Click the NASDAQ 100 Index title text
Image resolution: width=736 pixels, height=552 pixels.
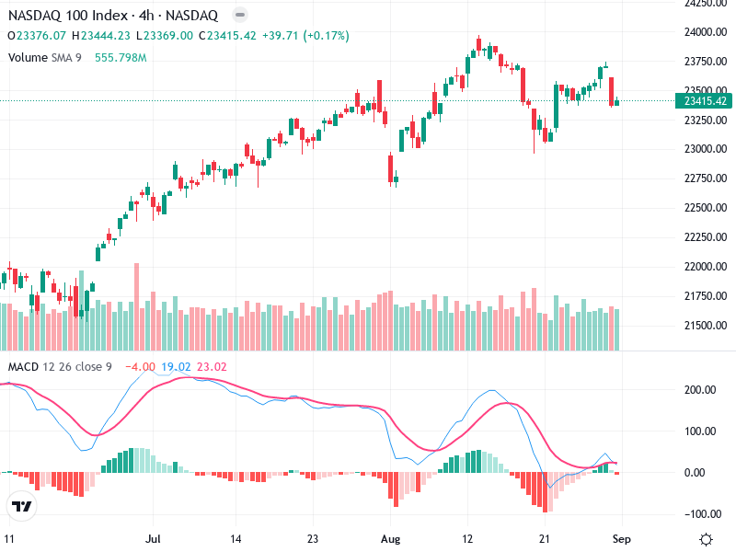[63, 16]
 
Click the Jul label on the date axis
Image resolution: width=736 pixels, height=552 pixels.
[153, 538]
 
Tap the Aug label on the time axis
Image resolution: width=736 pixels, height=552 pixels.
[392, 538]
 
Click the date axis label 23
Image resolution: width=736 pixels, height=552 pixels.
[314, 538]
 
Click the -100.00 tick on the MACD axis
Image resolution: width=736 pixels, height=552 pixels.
[704, 513]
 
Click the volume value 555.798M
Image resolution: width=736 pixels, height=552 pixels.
[121, 58]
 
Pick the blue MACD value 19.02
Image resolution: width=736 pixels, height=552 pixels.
[175, 367]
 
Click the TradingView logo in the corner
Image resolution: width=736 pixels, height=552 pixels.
[22, 507]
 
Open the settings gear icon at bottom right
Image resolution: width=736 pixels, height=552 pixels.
[706, 539]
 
